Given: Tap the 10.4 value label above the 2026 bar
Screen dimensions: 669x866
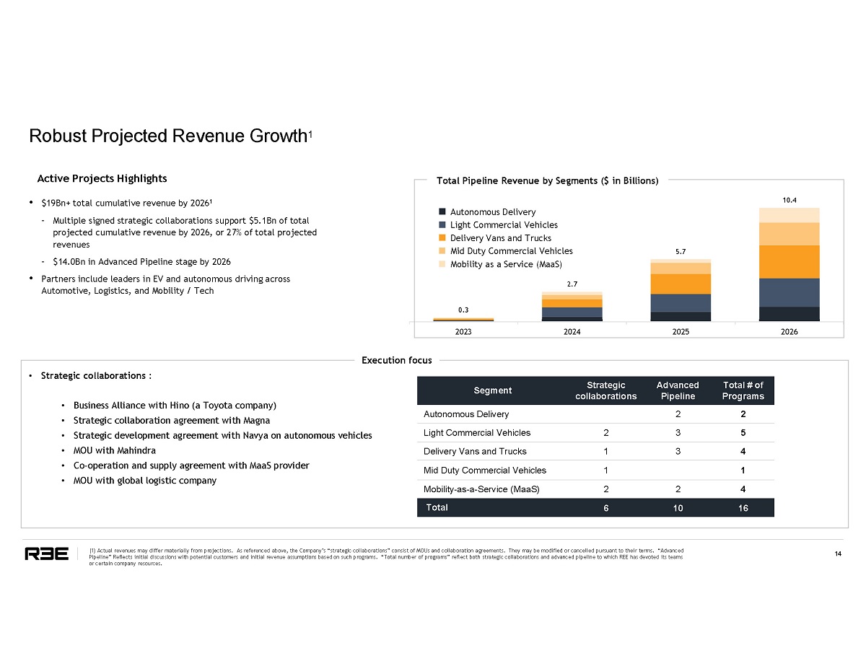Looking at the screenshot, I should pyautogui.click(x=789, y=198).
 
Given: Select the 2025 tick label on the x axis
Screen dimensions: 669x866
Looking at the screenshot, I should pyautogui.click(x=681, y=332).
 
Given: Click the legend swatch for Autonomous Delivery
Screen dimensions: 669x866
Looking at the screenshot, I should pyautogui.click(x=442, y=212).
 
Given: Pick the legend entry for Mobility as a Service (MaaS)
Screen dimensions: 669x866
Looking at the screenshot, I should pyautogui.click(x=505, y=264).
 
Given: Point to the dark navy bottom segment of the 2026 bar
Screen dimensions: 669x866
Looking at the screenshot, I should pyautogui.click(x=789, y=314).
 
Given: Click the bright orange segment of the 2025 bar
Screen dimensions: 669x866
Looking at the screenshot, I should pyautogui.click(x=681, y=284).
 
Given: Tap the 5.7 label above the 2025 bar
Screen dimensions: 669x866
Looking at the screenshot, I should pyautogui.click(x=681, y=252).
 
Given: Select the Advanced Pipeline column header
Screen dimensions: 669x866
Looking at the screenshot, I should pyautogui.click(x=678, y=390).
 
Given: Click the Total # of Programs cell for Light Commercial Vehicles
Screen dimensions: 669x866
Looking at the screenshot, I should pyautogui.click(x=743, y=433).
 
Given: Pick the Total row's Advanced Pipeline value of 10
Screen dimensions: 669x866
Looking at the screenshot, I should pyautogui.click(x=678, y=508).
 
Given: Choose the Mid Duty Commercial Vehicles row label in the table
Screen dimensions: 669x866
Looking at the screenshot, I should pyautogui.click(x=484, y=471).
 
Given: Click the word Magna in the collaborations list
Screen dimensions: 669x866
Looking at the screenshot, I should pyautogui.click(x=258, y=420).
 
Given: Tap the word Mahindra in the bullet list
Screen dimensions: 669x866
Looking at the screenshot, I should pyautogui.click(x=123, y=450).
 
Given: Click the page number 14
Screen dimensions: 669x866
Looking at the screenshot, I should pyautogui.click(x=838, y=554).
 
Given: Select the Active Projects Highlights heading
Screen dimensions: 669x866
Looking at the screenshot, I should pyautogui.click(x=102, y=178).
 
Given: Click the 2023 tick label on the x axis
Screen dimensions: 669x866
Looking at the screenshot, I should pyautogui.click(x=463, y=332).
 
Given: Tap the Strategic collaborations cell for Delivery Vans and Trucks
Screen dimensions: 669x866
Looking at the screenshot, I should pyautogui.click(x=605, y=452).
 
